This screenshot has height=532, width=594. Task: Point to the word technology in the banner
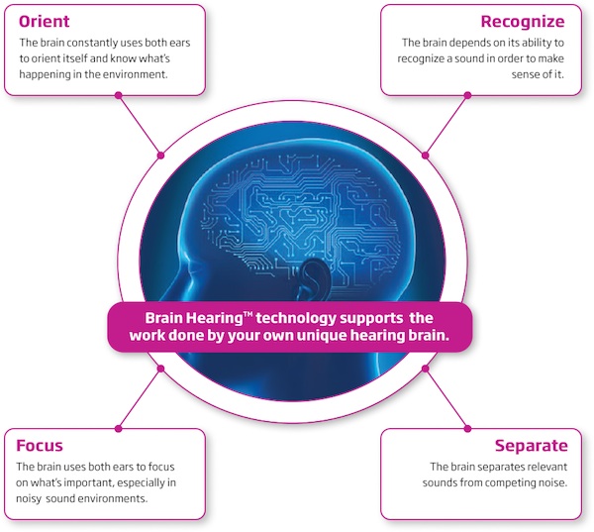click(x=310, y=318)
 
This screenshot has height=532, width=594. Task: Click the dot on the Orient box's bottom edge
click(x=119, y=95)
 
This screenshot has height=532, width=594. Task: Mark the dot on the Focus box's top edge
click(x=119, y=428)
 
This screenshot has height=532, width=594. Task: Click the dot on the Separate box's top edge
click(x=467, y=428)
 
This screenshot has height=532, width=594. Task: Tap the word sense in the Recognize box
click(x=538, y=75)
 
